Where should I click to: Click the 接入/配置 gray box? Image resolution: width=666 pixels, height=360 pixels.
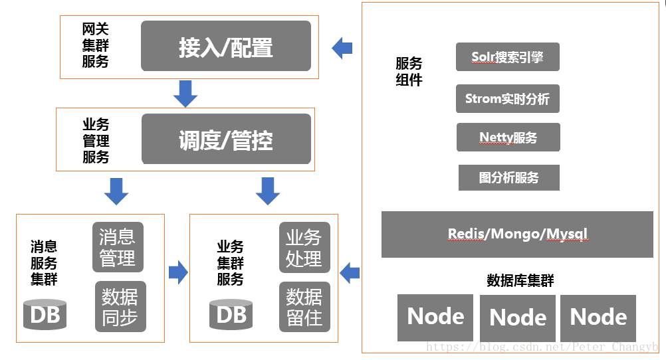225,46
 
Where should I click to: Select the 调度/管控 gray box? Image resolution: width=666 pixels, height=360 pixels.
226,139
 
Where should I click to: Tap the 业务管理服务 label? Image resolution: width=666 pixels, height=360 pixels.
96,141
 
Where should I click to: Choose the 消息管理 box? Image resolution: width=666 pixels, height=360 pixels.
118,247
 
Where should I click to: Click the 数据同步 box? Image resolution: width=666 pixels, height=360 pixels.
120,306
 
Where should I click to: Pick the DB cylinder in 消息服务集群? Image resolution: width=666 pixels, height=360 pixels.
45,314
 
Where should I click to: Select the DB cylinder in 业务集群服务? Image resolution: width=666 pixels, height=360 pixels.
231,314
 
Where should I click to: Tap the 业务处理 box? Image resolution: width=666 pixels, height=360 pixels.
304,247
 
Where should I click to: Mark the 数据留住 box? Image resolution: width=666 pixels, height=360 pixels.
304,306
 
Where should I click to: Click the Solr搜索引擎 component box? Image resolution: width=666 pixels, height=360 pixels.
507,57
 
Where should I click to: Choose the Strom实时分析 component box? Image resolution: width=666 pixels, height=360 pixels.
507,99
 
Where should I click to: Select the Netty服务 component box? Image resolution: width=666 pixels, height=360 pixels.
508,137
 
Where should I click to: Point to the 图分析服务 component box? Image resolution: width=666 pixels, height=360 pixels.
508,178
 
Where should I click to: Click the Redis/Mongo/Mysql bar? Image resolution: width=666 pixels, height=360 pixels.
517,234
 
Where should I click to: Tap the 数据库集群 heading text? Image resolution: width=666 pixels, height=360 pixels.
520,280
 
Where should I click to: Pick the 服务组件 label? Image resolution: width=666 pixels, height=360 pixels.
409,72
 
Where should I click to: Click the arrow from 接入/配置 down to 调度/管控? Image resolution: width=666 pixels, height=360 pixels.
185,93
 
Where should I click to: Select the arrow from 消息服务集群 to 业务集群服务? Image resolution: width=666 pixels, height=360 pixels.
177,272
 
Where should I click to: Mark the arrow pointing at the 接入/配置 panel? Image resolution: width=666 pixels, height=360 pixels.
342,47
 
